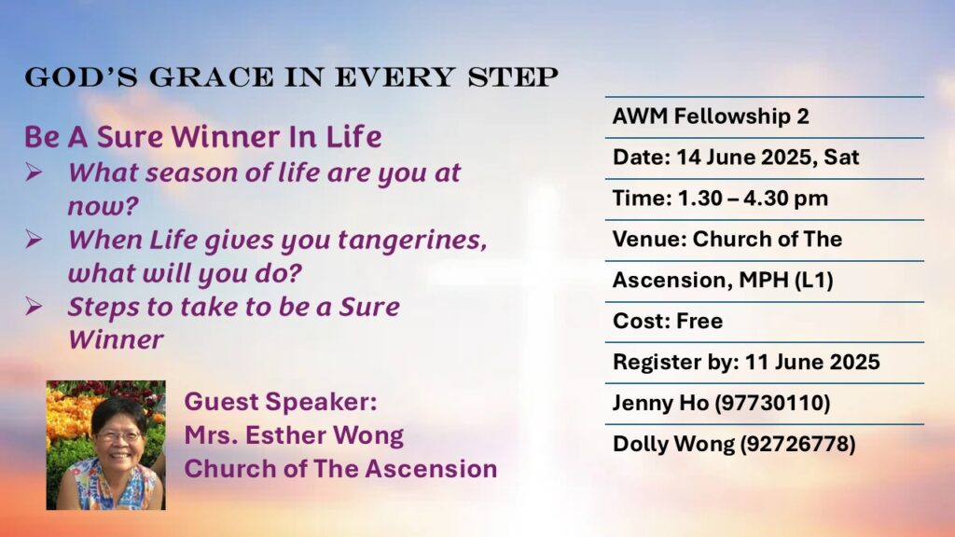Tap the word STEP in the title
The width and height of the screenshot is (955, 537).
point(513,77)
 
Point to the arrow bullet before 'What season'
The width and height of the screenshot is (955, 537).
point(35,172)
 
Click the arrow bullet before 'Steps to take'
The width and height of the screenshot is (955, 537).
point(35,306)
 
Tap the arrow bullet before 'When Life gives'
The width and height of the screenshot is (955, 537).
point(35,240)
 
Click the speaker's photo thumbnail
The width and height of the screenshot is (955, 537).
point(106,445)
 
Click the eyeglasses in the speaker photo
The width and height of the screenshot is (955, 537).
point(120,436)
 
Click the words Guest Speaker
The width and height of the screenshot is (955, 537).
point(281,402)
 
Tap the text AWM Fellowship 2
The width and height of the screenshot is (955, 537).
point(711,117)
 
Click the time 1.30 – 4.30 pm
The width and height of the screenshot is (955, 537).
point(753,198)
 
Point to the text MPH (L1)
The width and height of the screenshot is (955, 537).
point(785,280)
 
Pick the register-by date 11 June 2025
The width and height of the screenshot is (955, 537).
point(812,362)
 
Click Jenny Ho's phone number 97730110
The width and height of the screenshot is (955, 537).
point(772,403)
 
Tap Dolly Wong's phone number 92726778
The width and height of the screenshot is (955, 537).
point(798,444)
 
